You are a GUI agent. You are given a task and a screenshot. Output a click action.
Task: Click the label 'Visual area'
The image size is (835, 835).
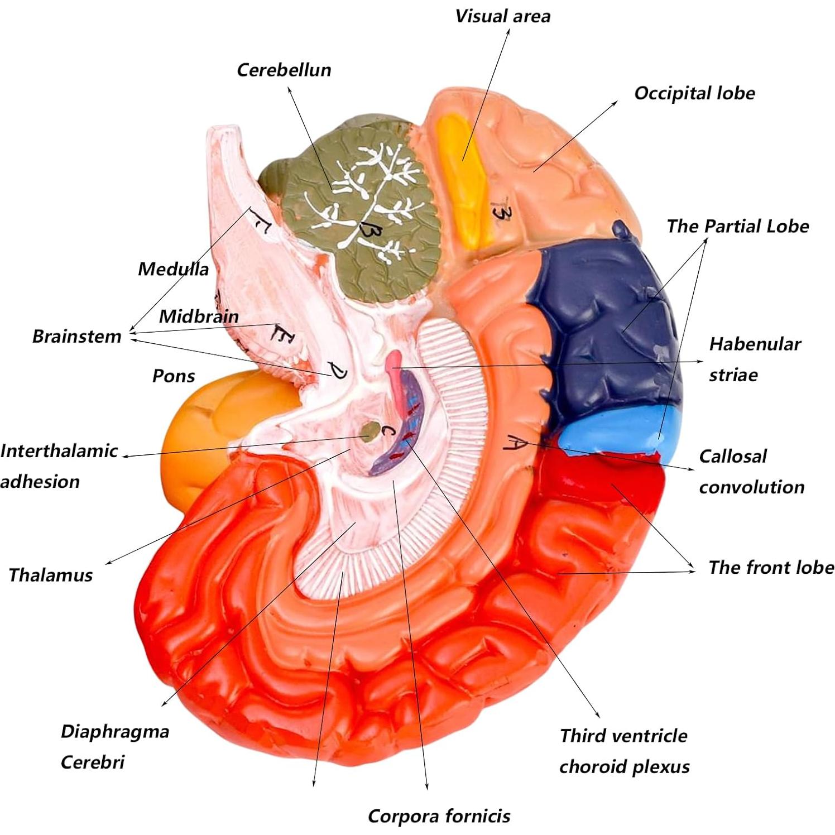[502, 16]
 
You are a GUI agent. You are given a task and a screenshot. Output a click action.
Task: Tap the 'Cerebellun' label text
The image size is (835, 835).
[284, 70]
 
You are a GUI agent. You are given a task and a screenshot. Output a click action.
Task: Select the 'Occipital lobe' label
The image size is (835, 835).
[694, 93]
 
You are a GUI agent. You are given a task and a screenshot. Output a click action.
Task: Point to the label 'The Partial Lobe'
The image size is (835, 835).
[737, 226]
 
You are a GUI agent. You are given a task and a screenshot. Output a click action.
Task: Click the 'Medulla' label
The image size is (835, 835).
[173, 269]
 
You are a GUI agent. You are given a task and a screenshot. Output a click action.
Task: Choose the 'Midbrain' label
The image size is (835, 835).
[199, 316]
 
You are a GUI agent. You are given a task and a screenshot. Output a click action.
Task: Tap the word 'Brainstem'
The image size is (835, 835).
[76, 336]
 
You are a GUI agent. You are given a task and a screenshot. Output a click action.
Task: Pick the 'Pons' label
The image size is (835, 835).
[173, 376]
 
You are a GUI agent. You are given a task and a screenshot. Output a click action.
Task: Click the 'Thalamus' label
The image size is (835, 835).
[50, 575]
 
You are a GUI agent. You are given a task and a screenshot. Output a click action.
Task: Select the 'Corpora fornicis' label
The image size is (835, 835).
[439, 817]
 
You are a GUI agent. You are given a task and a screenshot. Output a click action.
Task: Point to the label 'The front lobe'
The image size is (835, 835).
[771, 567]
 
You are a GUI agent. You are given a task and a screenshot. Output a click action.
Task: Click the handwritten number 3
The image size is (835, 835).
[500, 212]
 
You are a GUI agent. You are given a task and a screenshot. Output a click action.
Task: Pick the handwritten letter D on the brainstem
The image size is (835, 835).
[338, 371]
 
